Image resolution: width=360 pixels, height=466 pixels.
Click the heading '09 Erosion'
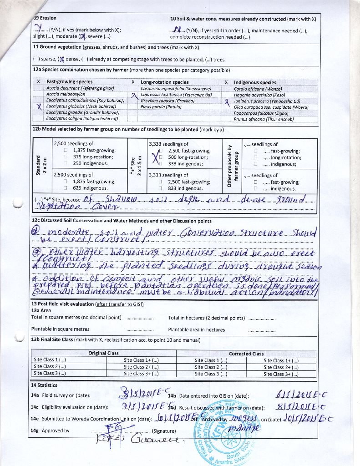click(45, 18)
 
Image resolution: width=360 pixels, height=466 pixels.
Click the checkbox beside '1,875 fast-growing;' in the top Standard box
click(66, 150)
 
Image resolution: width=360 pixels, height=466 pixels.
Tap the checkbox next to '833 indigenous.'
click(161, 188)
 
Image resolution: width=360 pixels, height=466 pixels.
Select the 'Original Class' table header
click(103, 353)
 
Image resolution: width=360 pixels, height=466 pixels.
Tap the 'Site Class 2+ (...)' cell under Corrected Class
click(281, 367)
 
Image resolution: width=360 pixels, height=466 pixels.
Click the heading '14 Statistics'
click(44, 385)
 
